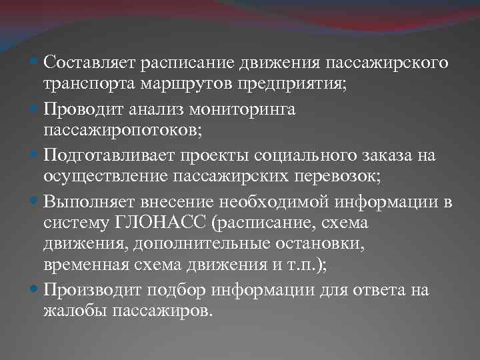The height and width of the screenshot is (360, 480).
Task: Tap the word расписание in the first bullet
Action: tap(181, 63)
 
